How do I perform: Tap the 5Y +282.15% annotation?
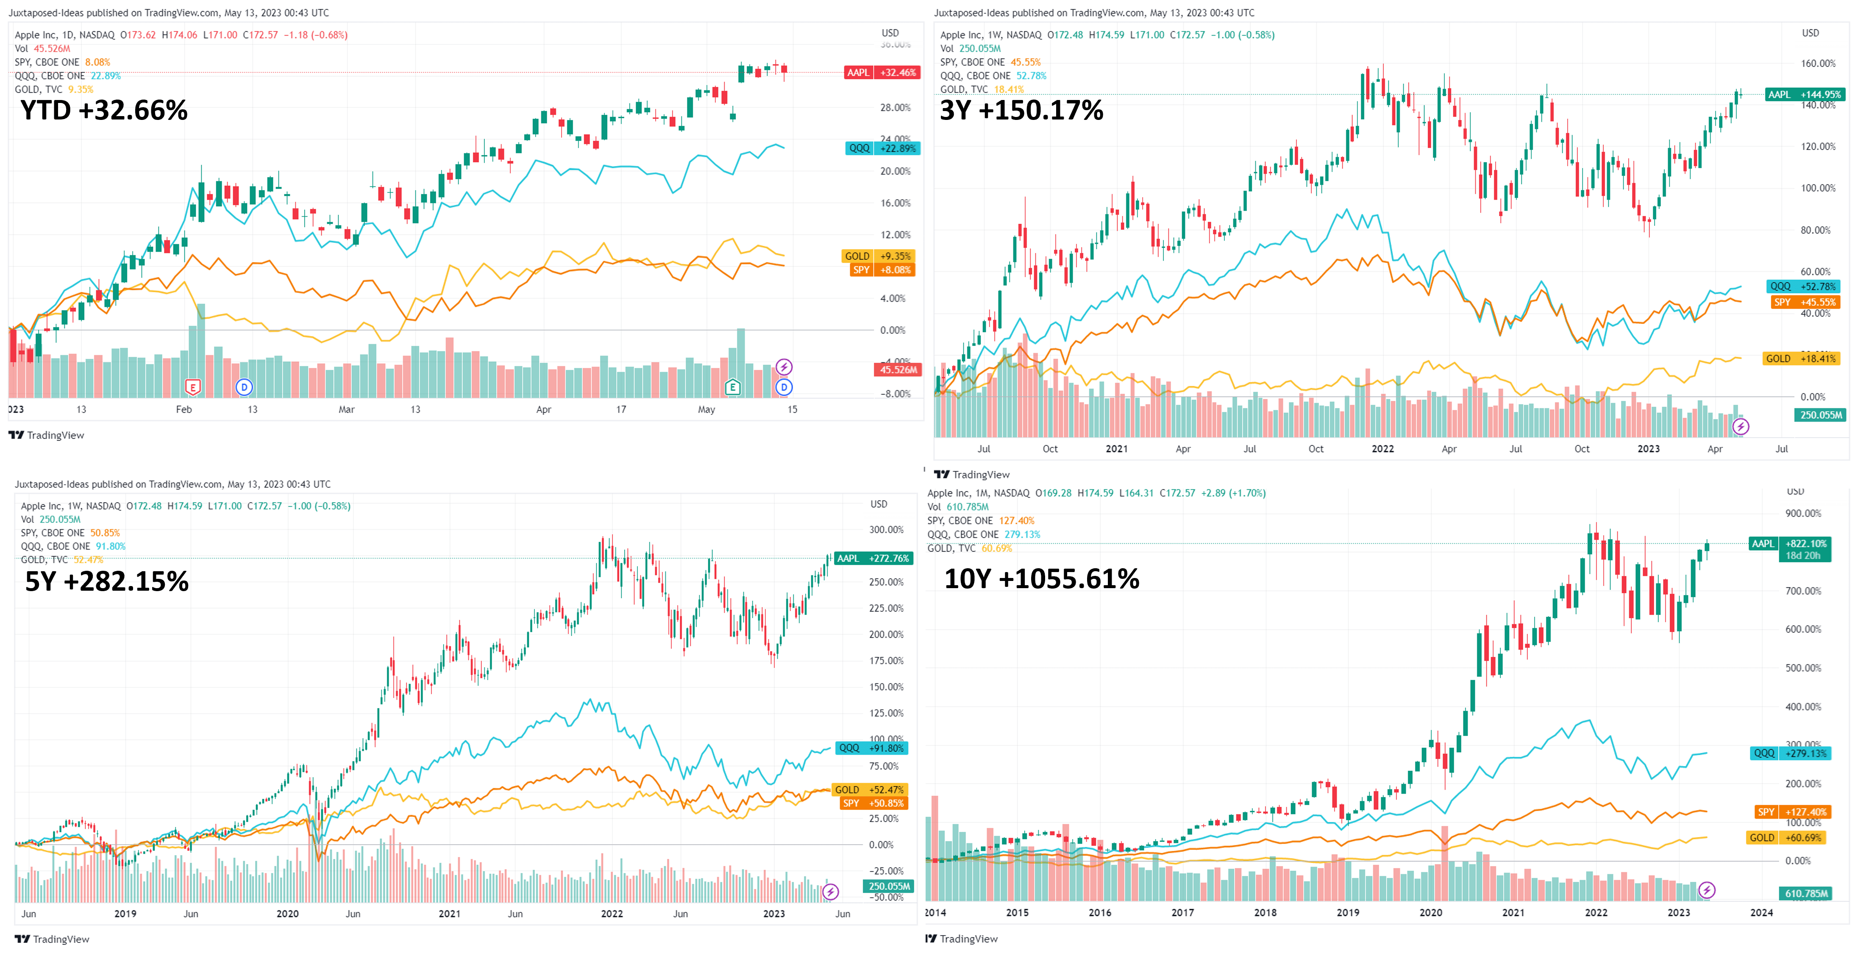(x=107, y=581)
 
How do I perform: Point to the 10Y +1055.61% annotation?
(x=1041, y=578)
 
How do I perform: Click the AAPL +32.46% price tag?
(x=882, y=72)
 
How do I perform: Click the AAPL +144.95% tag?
(x=1804, y=94)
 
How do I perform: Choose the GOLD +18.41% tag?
(x=1800, y=358)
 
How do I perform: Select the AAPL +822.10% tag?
(x=1789, y=544)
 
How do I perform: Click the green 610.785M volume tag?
(x=1806, y=893)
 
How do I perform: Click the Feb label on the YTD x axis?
(x=184, y=409)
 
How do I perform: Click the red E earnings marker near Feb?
(x=192, y=387)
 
